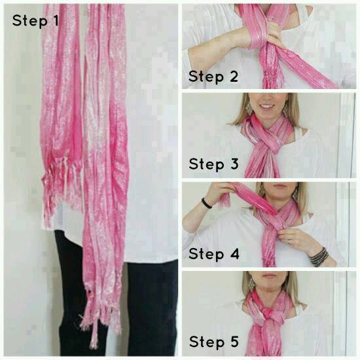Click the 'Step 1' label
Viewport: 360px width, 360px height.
tap(35, 21)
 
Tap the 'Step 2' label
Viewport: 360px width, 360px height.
tap(213, 77)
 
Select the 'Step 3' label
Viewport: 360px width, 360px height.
tap(214, 164)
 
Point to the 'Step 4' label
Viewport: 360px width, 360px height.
tap(214, 254)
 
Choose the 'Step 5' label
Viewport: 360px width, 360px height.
tap(214, 342)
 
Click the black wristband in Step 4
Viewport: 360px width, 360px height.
tap(206, 203)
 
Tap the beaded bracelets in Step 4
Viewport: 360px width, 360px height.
tap(319, 257)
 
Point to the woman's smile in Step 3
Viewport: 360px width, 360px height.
tap(268, 106)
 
